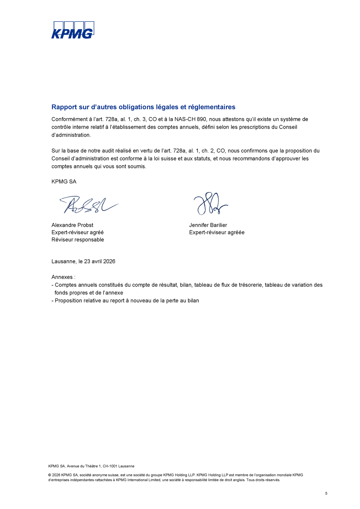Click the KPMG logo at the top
(73, 30)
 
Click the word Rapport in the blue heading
(64, 107)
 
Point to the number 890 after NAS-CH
(202, 119)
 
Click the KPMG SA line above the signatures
(64, 182)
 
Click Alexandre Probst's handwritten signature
(88, 205)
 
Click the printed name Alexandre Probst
(72, 225)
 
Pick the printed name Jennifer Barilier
(208, 225)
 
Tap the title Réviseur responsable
(78, 240)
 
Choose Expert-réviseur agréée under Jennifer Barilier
(217, 232)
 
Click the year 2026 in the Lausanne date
(109, 262)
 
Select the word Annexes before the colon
(62, 277)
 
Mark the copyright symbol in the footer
(50, 475)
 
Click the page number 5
(326, 493)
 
